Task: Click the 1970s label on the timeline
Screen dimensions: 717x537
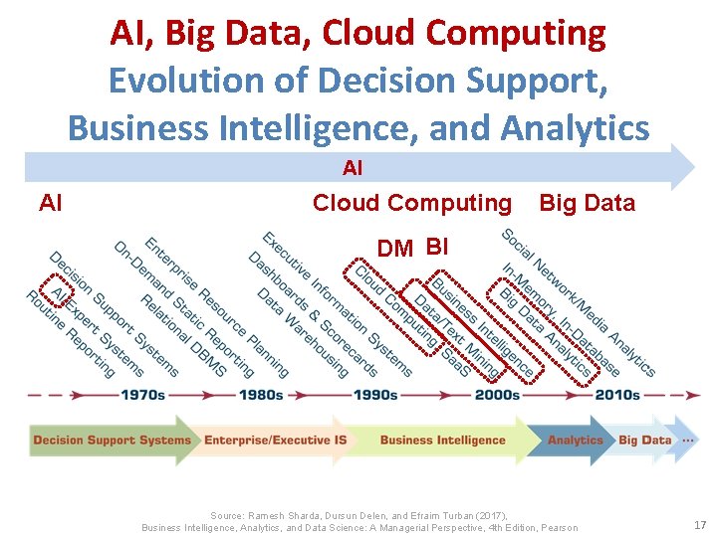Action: [x=142, y=395]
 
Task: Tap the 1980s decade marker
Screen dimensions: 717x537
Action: [x=261, y=395]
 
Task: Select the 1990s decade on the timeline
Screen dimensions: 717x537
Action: [x=375, y=395]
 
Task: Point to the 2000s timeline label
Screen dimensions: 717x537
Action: [x=497, y=395]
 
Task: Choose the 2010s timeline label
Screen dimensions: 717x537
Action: [x=617, y=395]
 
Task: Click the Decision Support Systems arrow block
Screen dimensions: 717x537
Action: [x=112, y=440]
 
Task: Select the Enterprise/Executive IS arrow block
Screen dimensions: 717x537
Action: [x=276, y=440]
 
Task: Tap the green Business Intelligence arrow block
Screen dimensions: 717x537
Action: [x=442, y=440]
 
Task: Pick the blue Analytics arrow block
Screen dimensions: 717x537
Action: [x=576, y=440]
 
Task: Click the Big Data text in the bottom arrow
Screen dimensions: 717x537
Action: [x=644, y=440]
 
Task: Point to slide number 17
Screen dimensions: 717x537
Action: [x=698, y=524]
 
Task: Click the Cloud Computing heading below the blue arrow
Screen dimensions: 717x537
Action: [x=411, y=203]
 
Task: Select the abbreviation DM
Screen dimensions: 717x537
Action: [x=395, y=249]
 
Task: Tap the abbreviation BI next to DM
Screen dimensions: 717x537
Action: [x=437, y=246]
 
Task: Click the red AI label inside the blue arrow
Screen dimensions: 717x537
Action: [x=353, y=169]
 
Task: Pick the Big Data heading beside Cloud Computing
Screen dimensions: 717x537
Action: [x=587, y=203]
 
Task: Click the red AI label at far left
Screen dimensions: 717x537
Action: [x=50, y=203]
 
